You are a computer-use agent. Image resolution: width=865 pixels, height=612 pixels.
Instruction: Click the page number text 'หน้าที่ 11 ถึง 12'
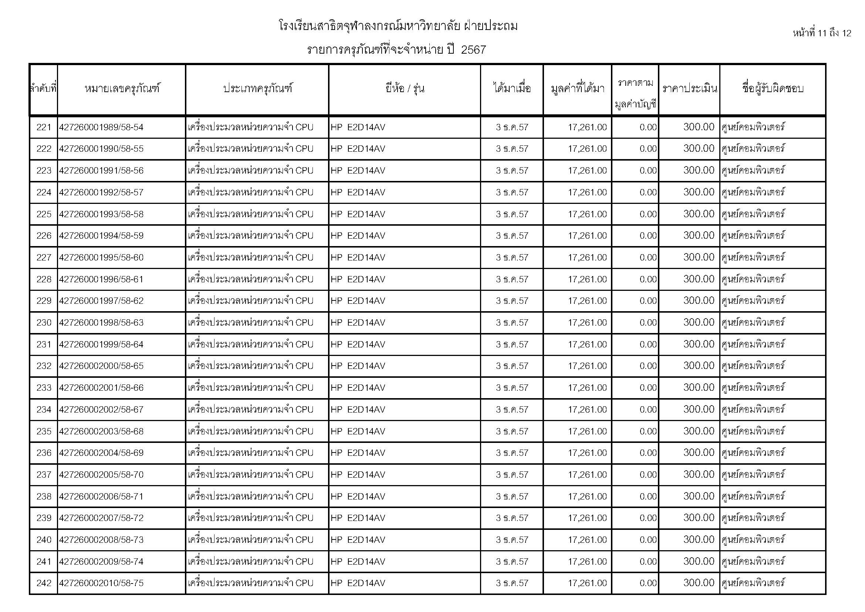[x=822, y=33]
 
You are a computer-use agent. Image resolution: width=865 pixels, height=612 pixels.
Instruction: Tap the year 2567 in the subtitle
[x=474, y=50]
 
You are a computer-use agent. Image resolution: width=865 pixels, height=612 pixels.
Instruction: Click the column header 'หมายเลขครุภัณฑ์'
[x=122, y=89]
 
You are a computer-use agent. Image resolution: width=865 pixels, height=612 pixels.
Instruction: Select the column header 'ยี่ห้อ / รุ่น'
[x=405, y=89]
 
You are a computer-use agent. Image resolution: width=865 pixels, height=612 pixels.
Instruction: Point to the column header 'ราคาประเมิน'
[x=689, y=89]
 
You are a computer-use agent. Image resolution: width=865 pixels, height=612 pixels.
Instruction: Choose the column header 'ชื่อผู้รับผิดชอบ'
[x=773, y=89]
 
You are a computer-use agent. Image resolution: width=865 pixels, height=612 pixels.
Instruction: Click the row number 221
[x=44, y=127]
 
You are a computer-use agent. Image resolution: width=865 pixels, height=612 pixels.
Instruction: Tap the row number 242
[x=44, y=583]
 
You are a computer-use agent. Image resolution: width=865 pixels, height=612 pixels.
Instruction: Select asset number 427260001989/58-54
[x=101, y=127]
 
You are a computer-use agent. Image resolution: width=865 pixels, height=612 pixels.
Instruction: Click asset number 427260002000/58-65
[x=101, y=366]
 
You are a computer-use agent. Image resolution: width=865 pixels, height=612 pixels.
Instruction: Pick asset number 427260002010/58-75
[x=101, y=583]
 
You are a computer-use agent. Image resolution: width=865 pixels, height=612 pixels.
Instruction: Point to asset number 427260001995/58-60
[x=101, y=258]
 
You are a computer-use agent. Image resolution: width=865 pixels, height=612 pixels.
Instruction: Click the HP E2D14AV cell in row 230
[x=358, y=323]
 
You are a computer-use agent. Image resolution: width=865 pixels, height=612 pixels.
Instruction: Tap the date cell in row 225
[x=512, y=214]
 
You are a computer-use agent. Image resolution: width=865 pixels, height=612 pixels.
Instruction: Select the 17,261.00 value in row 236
[x=587, y=453]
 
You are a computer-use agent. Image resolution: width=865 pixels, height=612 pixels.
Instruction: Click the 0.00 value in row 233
[x=648, y=388]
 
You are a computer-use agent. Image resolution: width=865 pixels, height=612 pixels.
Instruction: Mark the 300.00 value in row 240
[x=699, y=539]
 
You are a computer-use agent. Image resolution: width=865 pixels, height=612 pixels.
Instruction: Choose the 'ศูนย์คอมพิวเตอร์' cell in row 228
[x=753, y=279]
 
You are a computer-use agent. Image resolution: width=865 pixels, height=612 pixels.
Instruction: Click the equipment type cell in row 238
[x=250, y=496]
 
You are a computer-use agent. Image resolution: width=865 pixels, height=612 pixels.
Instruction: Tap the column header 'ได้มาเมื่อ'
[x=512, y=89]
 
